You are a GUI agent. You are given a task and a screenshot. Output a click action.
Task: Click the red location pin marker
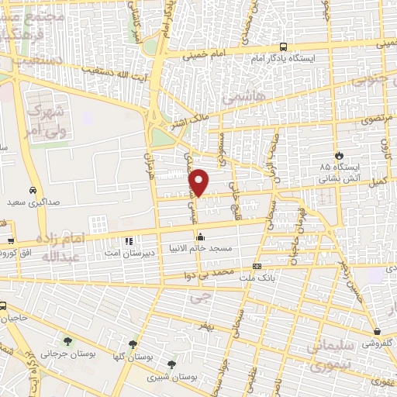coord(200,181)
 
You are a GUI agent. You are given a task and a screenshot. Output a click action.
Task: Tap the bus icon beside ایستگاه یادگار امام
coord(283,47)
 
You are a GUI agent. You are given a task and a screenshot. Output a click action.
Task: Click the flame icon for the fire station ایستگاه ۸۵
coord(337,154)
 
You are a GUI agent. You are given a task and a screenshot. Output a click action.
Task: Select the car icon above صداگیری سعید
coord(33,190)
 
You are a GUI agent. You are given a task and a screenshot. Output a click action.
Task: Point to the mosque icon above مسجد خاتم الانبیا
coord(201,237)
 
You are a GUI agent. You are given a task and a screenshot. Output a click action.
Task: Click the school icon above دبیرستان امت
coord(129,240)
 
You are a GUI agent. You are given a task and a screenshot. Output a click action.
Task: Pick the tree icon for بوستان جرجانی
coord(67,340)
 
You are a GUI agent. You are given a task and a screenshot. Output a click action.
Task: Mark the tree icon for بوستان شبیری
coord(171,363)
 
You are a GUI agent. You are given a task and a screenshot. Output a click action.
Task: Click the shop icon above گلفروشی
coord(376,330)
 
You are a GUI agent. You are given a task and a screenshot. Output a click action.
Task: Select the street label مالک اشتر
coord(188,122)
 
